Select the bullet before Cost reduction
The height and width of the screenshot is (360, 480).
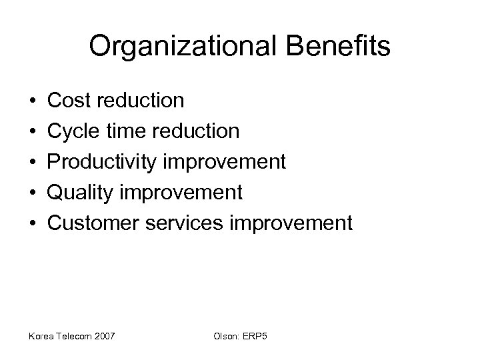click(x=33, y=101)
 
